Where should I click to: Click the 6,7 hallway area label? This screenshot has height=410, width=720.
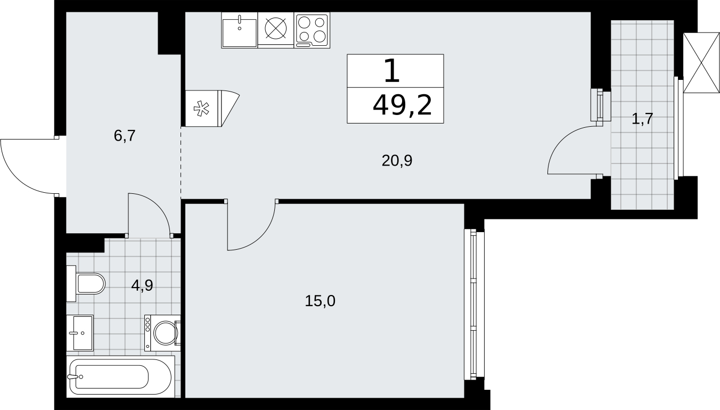click(x=125, y=136)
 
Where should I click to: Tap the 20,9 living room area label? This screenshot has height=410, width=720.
click(x=397, y=160)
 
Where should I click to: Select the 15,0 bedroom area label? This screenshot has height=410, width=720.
click(x=320, y=301)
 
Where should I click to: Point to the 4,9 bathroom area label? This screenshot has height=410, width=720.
click(x=142, y=285)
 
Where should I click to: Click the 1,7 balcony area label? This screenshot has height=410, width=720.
click(x=642, y=119)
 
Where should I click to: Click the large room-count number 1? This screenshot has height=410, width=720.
click(x=392, y=71)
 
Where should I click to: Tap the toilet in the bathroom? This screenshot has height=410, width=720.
click(x=86, y=283)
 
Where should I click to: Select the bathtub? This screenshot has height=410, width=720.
click(x=120, y=376)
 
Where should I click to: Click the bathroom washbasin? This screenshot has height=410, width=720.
click(x=80, y=333)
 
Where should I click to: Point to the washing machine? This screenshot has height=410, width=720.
click(x=162, y=333)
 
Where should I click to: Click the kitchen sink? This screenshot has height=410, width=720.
click(x=240, y=30)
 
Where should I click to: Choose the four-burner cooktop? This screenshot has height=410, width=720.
click(x=312, y=30)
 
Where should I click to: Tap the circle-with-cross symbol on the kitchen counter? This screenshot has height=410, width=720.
click(x=276, y=28)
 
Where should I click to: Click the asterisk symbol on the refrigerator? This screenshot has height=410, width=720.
click(x=201, y=109)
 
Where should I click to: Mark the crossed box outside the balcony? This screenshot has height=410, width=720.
click(x=701, y=63)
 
